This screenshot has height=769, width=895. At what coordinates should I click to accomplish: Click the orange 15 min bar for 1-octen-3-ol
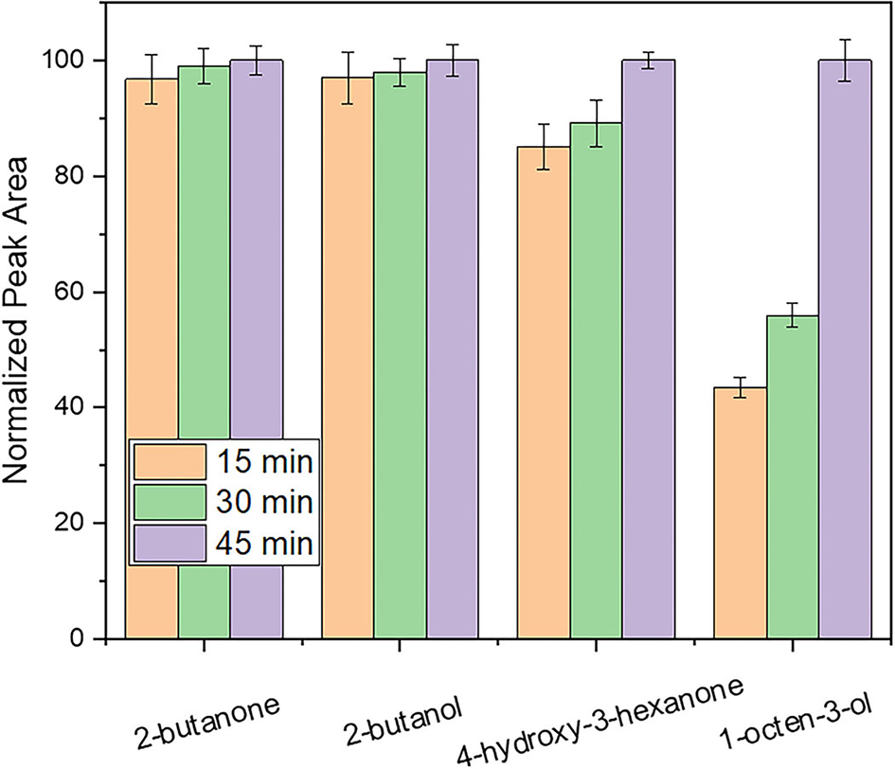pos(740,511)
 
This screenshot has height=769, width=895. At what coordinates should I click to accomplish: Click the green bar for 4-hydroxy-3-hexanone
pos(596,379)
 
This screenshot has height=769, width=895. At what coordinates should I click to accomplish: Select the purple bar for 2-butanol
pos(452,350)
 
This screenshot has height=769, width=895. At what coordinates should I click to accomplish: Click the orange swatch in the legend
pos(170,460)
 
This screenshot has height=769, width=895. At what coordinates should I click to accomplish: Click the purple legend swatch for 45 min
pos(170,545)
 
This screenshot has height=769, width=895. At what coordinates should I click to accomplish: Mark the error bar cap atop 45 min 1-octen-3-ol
pos(845,40)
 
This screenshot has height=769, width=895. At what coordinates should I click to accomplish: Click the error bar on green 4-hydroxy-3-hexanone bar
pos(596,123)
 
